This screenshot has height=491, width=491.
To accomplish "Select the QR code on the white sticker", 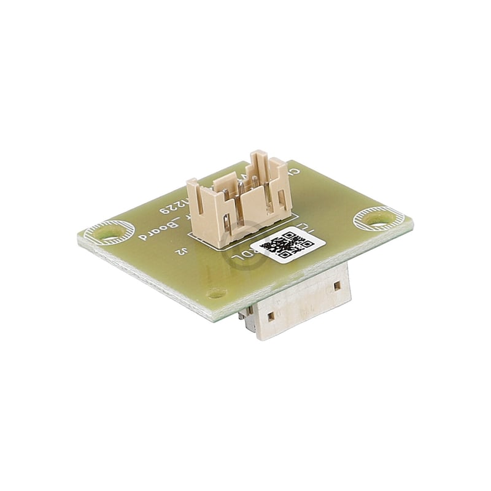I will click(x=287, y=245).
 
